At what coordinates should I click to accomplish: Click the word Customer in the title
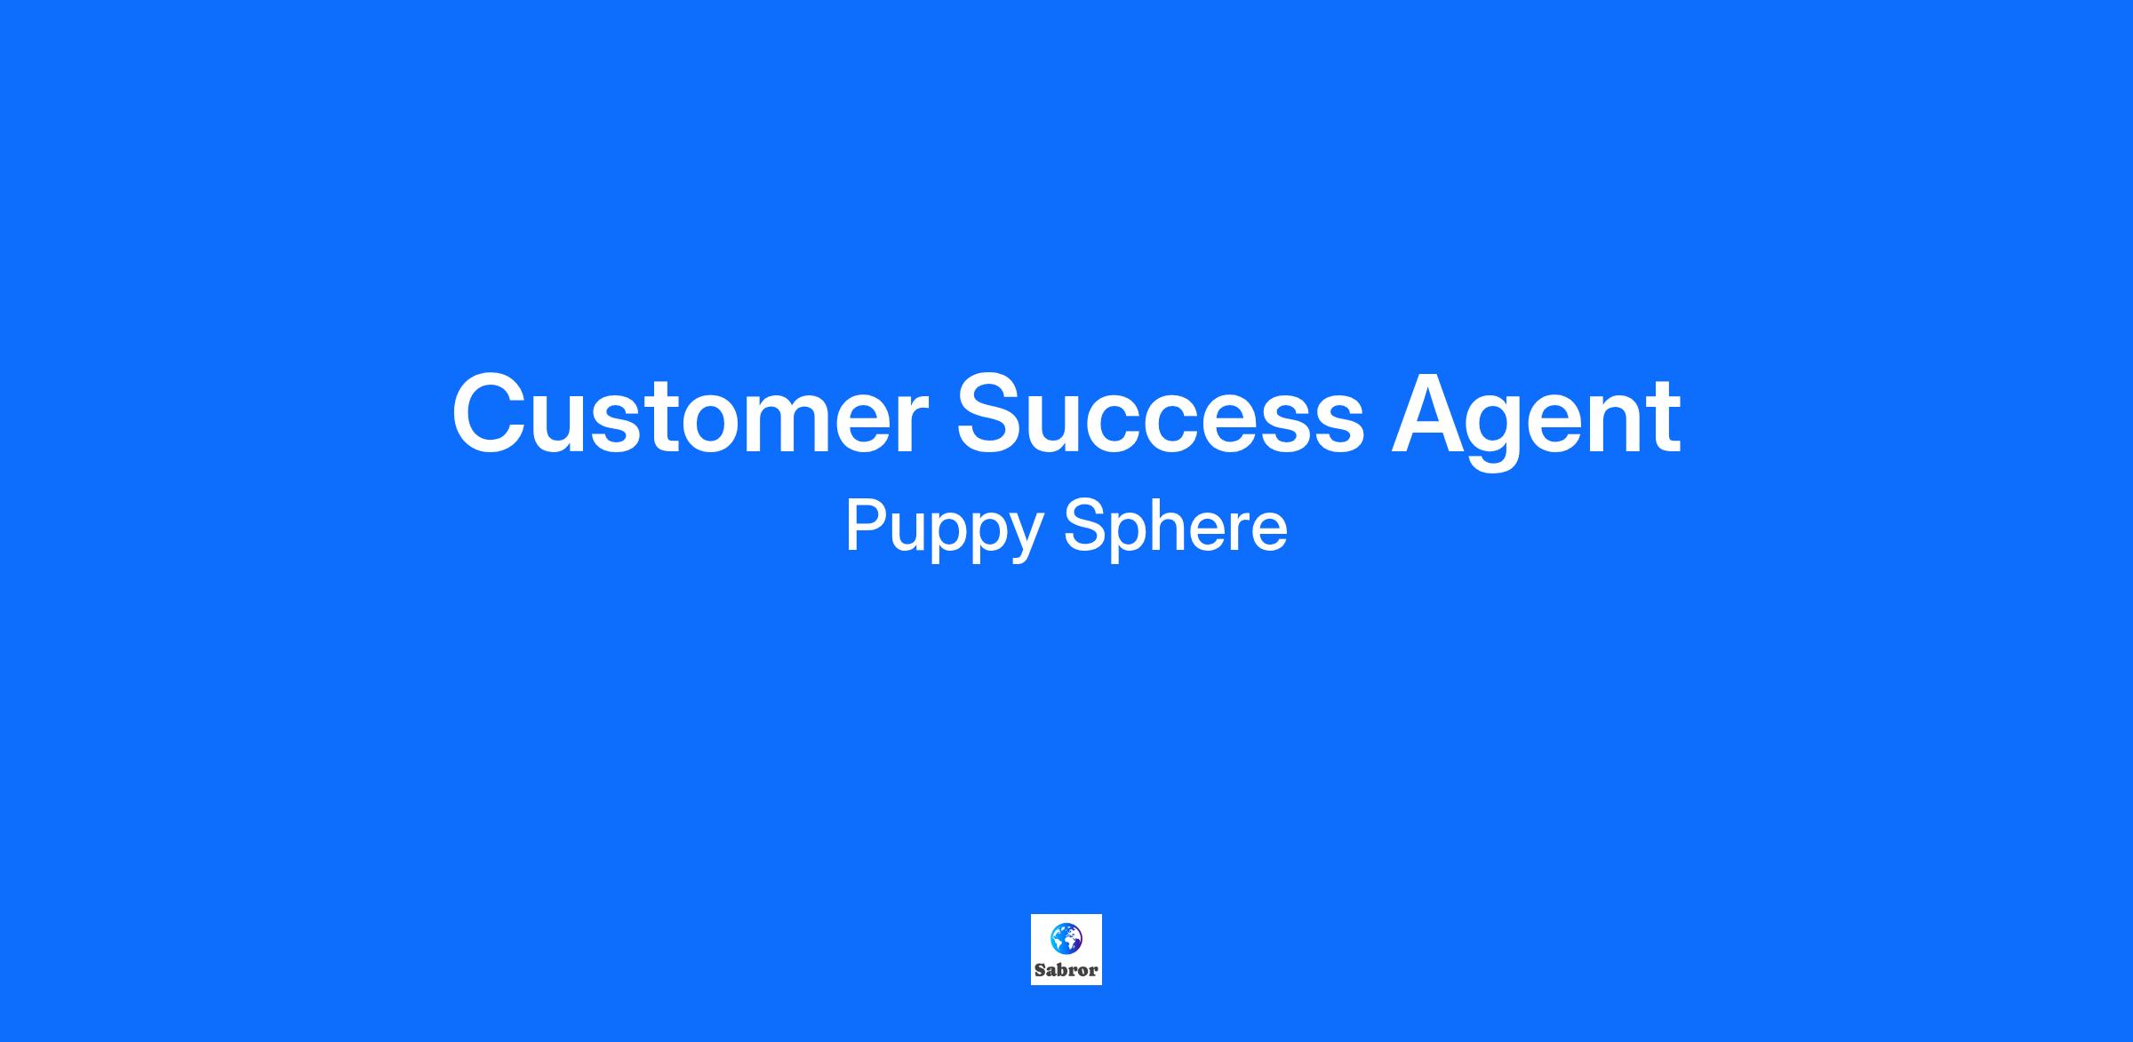(690, 413)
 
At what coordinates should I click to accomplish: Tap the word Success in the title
(1159, 413)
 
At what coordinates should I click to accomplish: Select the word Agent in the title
(1536, 420)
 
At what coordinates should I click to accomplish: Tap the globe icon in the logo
(1066, 938)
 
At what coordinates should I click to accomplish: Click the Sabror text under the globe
(1066, 970)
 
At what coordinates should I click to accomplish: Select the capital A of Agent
(1432, 413)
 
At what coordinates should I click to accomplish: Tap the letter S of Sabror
(1040, 970)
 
